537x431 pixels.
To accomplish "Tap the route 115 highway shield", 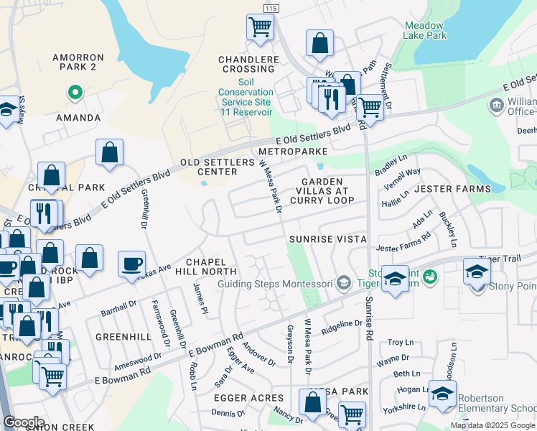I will [x=270, y=7].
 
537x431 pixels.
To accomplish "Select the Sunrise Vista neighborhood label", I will [x=328, y=238].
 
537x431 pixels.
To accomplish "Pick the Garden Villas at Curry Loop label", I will [x=322, y=190].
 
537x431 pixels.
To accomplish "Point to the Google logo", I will [x=24, y=422].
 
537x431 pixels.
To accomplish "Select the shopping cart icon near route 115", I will [x=259, y=27].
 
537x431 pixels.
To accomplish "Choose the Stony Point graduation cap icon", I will [x=476, y=272].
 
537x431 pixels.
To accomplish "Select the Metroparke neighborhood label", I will [x=293, y=152].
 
